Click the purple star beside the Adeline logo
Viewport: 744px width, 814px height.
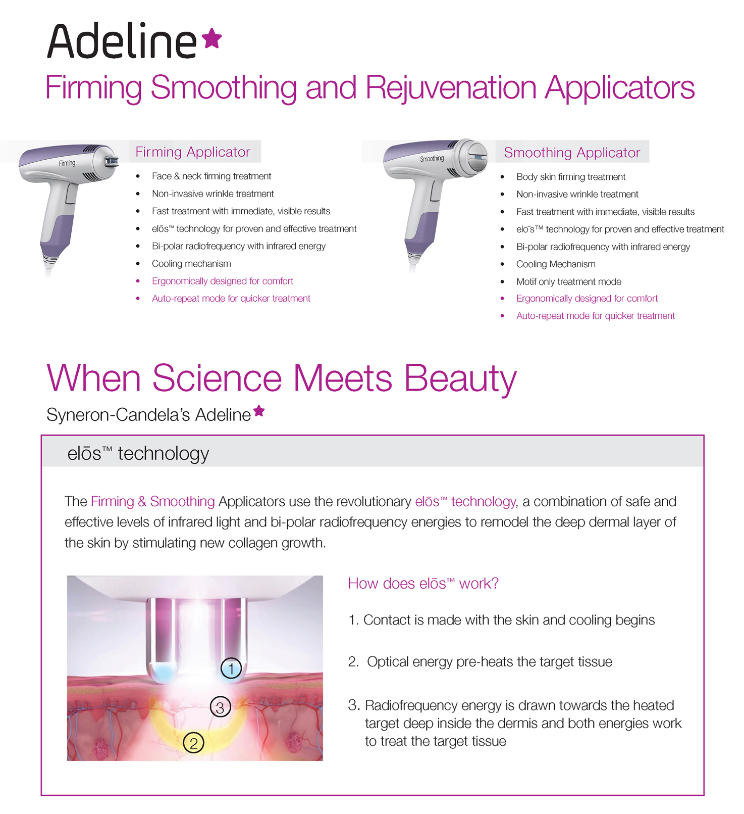[211, 38]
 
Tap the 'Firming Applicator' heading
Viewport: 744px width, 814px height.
[193, 152]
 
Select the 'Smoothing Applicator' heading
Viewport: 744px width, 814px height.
[572, 153]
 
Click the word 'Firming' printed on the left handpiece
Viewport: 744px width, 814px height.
[67, 163]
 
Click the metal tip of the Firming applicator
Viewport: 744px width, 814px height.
[111, 161]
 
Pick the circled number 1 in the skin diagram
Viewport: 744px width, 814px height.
[231, 669]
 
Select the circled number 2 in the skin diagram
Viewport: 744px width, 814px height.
[193, 743]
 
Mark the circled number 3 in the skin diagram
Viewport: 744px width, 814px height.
[220, 707]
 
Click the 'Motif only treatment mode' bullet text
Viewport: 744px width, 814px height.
[569, 282]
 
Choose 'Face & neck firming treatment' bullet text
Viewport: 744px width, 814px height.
[211, 176]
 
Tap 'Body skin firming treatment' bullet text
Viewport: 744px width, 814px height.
[571, 177]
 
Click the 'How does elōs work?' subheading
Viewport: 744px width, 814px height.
[423, 584]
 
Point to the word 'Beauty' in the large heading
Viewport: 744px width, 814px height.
[460, 379]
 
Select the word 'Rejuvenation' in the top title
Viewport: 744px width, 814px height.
[451, 88]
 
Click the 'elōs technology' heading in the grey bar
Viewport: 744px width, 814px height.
[138, 453]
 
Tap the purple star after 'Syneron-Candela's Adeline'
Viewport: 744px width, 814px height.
[259, 411]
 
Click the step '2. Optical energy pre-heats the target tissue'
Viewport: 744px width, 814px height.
[480, 662]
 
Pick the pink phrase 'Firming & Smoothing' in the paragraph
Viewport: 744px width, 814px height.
[153, 501]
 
